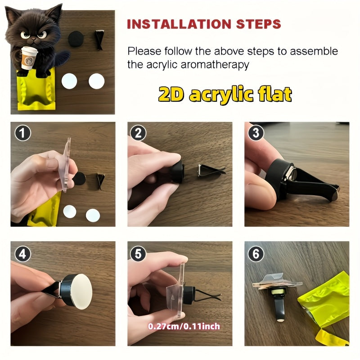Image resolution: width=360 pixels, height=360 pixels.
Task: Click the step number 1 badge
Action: coord(22,133)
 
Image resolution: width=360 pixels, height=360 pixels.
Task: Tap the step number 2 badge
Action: coord(138,133)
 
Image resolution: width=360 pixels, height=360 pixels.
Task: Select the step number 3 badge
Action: coord(256,133)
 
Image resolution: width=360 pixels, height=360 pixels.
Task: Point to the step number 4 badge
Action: coord(22,254)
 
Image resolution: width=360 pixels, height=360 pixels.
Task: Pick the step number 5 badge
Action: coord(138,254)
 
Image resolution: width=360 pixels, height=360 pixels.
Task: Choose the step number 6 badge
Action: coord(256,254)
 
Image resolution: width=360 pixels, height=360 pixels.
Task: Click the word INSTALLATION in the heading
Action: coord(179,24)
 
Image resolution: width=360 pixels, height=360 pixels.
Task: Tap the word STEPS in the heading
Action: coord(258,24)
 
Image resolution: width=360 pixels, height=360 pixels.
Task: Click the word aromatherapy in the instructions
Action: coord(215,65)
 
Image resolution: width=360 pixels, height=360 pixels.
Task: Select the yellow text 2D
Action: coord(171,94)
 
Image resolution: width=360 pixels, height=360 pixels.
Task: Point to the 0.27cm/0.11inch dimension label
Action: coord(184,326)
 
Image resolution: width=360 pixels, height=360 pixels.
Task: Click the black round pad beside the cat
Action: coord(76,39)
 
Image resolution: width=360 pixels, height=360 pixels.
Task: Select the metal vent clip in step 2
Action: coord(211,170)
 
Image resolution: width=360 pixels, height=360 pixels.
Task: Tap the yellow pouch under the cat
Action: coord(36,90)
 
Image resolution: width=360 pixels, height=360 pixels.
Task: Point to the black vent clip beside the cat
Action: coord(99,40)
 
